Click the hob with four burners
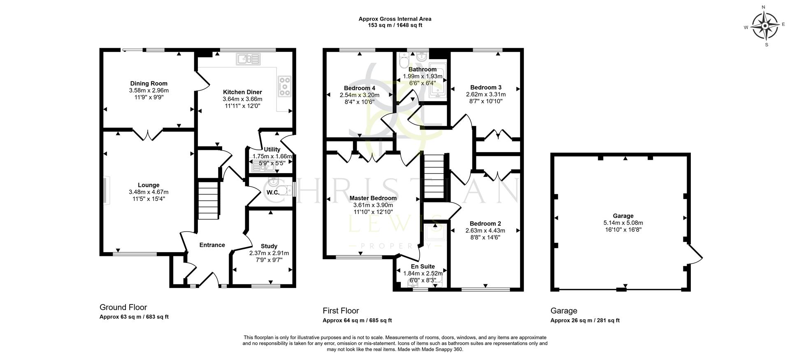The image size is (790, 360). tap(284, 87)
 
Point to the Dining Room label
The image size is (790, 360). tap(149, 84)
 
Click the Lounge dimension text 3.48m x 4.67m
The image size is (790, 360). tap(149, 192)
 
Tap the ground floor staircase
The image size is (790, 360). tap(208, 202)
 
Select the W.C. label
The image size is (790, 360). tap(273, 192)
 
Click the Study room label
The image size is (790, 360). tap(269, 246)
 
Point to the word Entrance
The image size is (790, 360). tap(212, 245)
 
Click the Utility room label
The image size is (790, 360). tap(272, 149)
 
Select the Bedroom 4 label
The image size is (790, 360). tap(359, 88)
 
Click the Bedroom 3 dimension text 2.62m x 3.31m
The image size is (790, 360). tap(486, 94)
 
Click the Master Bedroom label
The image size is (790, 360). tap(373, 198)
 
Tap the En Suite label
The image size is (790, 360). tap(423, 267)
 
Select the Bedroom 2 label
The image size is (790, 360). tap(485, 224)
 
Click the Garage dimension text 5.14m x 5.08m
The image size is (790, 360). tap(623, 223)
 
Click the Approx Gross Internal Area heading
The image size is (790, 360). tap(395, 19)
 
